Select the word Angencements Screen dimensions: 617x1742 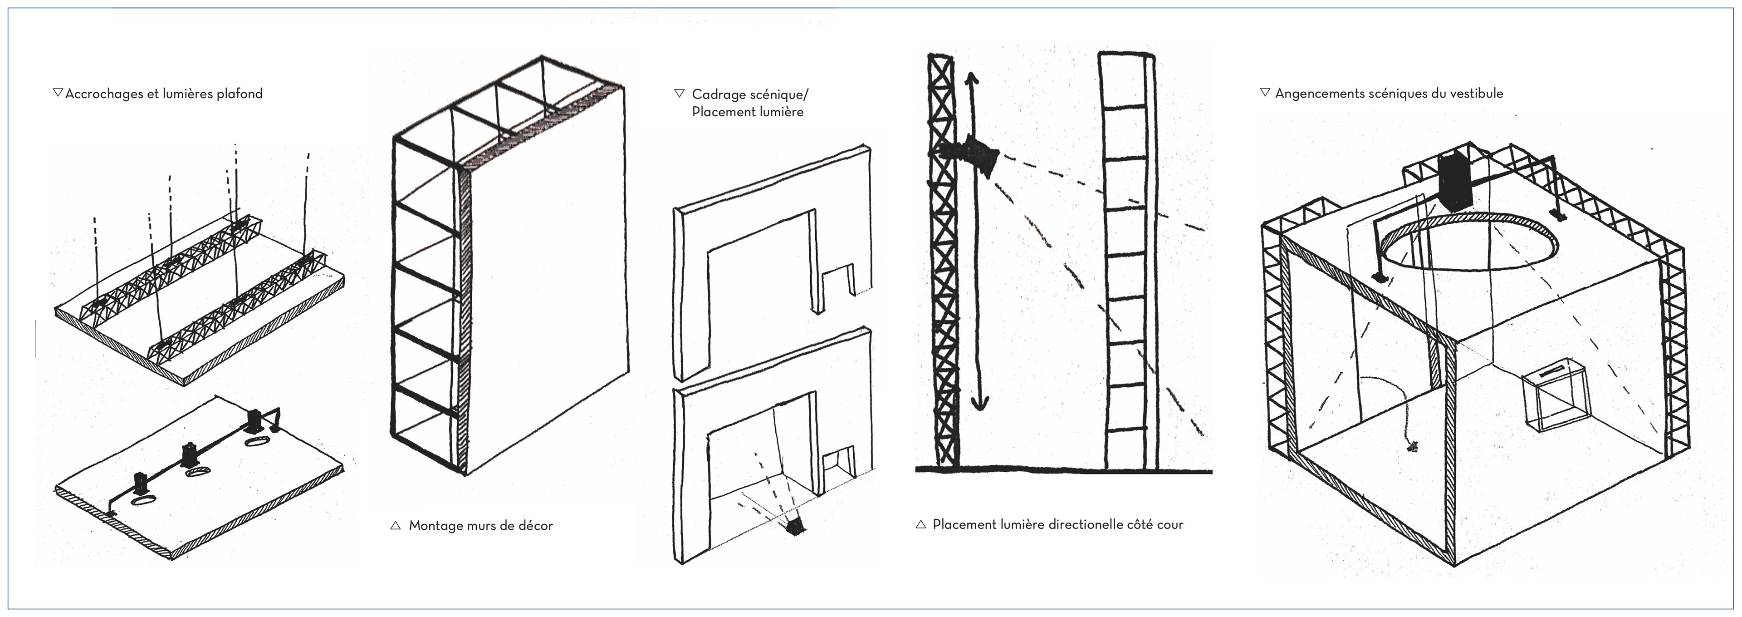coord(1319,94)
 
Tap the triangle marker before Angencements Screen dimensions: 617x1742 coord(1265,93)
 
